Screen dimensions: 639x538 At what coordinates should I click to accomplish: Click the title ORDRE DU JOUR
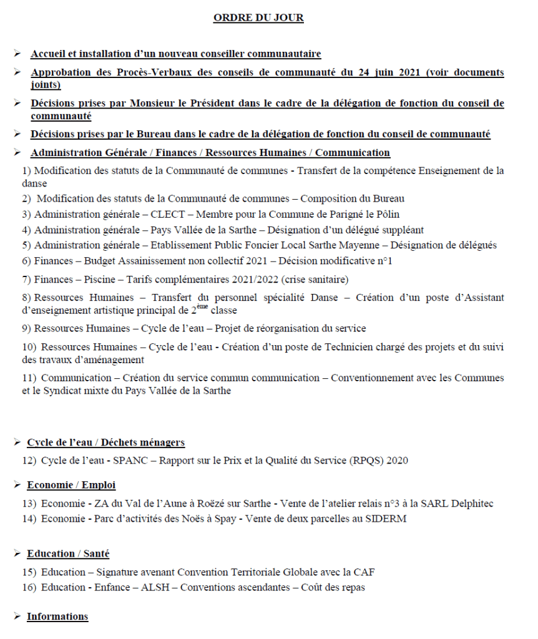258,18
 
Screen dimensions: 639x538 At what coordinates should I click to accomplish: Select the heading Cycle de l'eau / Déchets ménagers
105,442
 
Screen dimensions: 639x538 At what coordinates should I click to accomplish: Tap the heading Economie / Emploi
71,485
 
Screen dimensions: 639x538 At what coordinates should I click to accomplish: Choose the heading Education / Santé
68,554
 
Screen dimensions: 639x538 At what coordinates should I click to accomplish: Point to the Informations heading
57,617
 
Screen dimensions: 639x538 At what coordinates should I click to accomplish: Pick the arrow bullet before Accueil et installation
17,54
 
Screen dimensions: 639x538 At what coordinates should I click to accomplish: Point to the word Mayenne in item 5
347,245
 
